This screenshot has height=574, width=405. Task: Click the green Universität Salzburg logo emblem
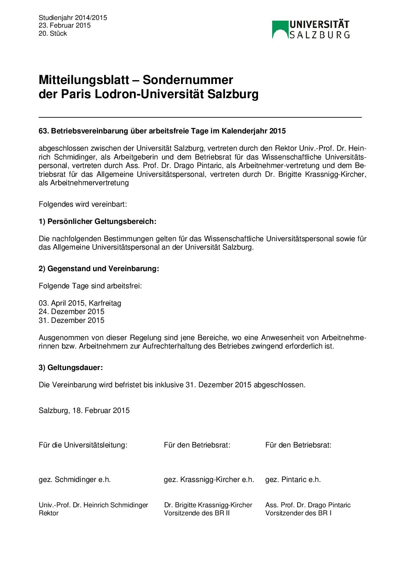[280, 30]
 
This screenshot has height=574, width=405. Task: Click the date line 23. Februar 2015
[64, 25]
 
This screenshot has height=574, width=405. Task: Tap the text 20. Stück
[53, 33]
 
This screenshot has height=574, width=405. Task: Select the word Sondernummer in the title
[188, 80]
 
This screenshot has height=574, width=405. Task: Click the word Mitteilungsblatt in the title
[84, 80]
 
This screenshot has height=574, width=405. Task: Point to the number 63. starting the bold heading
[44, 131]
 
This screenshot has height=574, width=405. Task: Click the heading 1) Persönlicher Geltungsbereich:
[97, 222]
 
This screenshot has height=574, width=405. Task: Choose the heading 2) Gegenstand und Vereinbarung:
[99, 269]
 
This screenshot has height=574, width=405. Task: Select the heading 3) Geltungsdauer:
[70, 368]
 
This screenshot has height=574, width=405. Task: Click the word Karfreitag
[105, 303]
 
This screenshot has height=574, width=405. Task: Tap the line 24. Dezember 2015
[71, 312]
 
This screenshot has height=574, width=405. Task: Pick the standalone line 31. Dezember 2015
[71, 321]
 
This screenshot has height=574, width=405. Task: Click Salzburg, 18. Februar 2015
[84, 411]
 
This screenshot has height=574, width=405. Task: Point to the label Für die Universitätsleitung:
[83, 445]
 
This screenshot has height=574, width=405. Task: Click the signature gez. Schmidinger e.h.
[74, 480]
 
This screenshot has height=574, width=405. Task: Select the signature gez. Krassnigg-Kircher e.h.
[209, 480]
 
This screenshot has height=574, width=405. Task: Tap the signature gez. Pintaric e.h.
[293, 480]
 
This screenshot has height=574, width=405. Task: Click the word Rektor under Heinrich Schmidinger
[49, 513]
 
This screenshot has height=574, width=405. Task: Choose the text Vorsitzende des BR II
[197, 513]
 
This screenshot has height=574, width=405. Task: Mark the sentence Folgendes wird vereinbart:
[82, 204]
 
